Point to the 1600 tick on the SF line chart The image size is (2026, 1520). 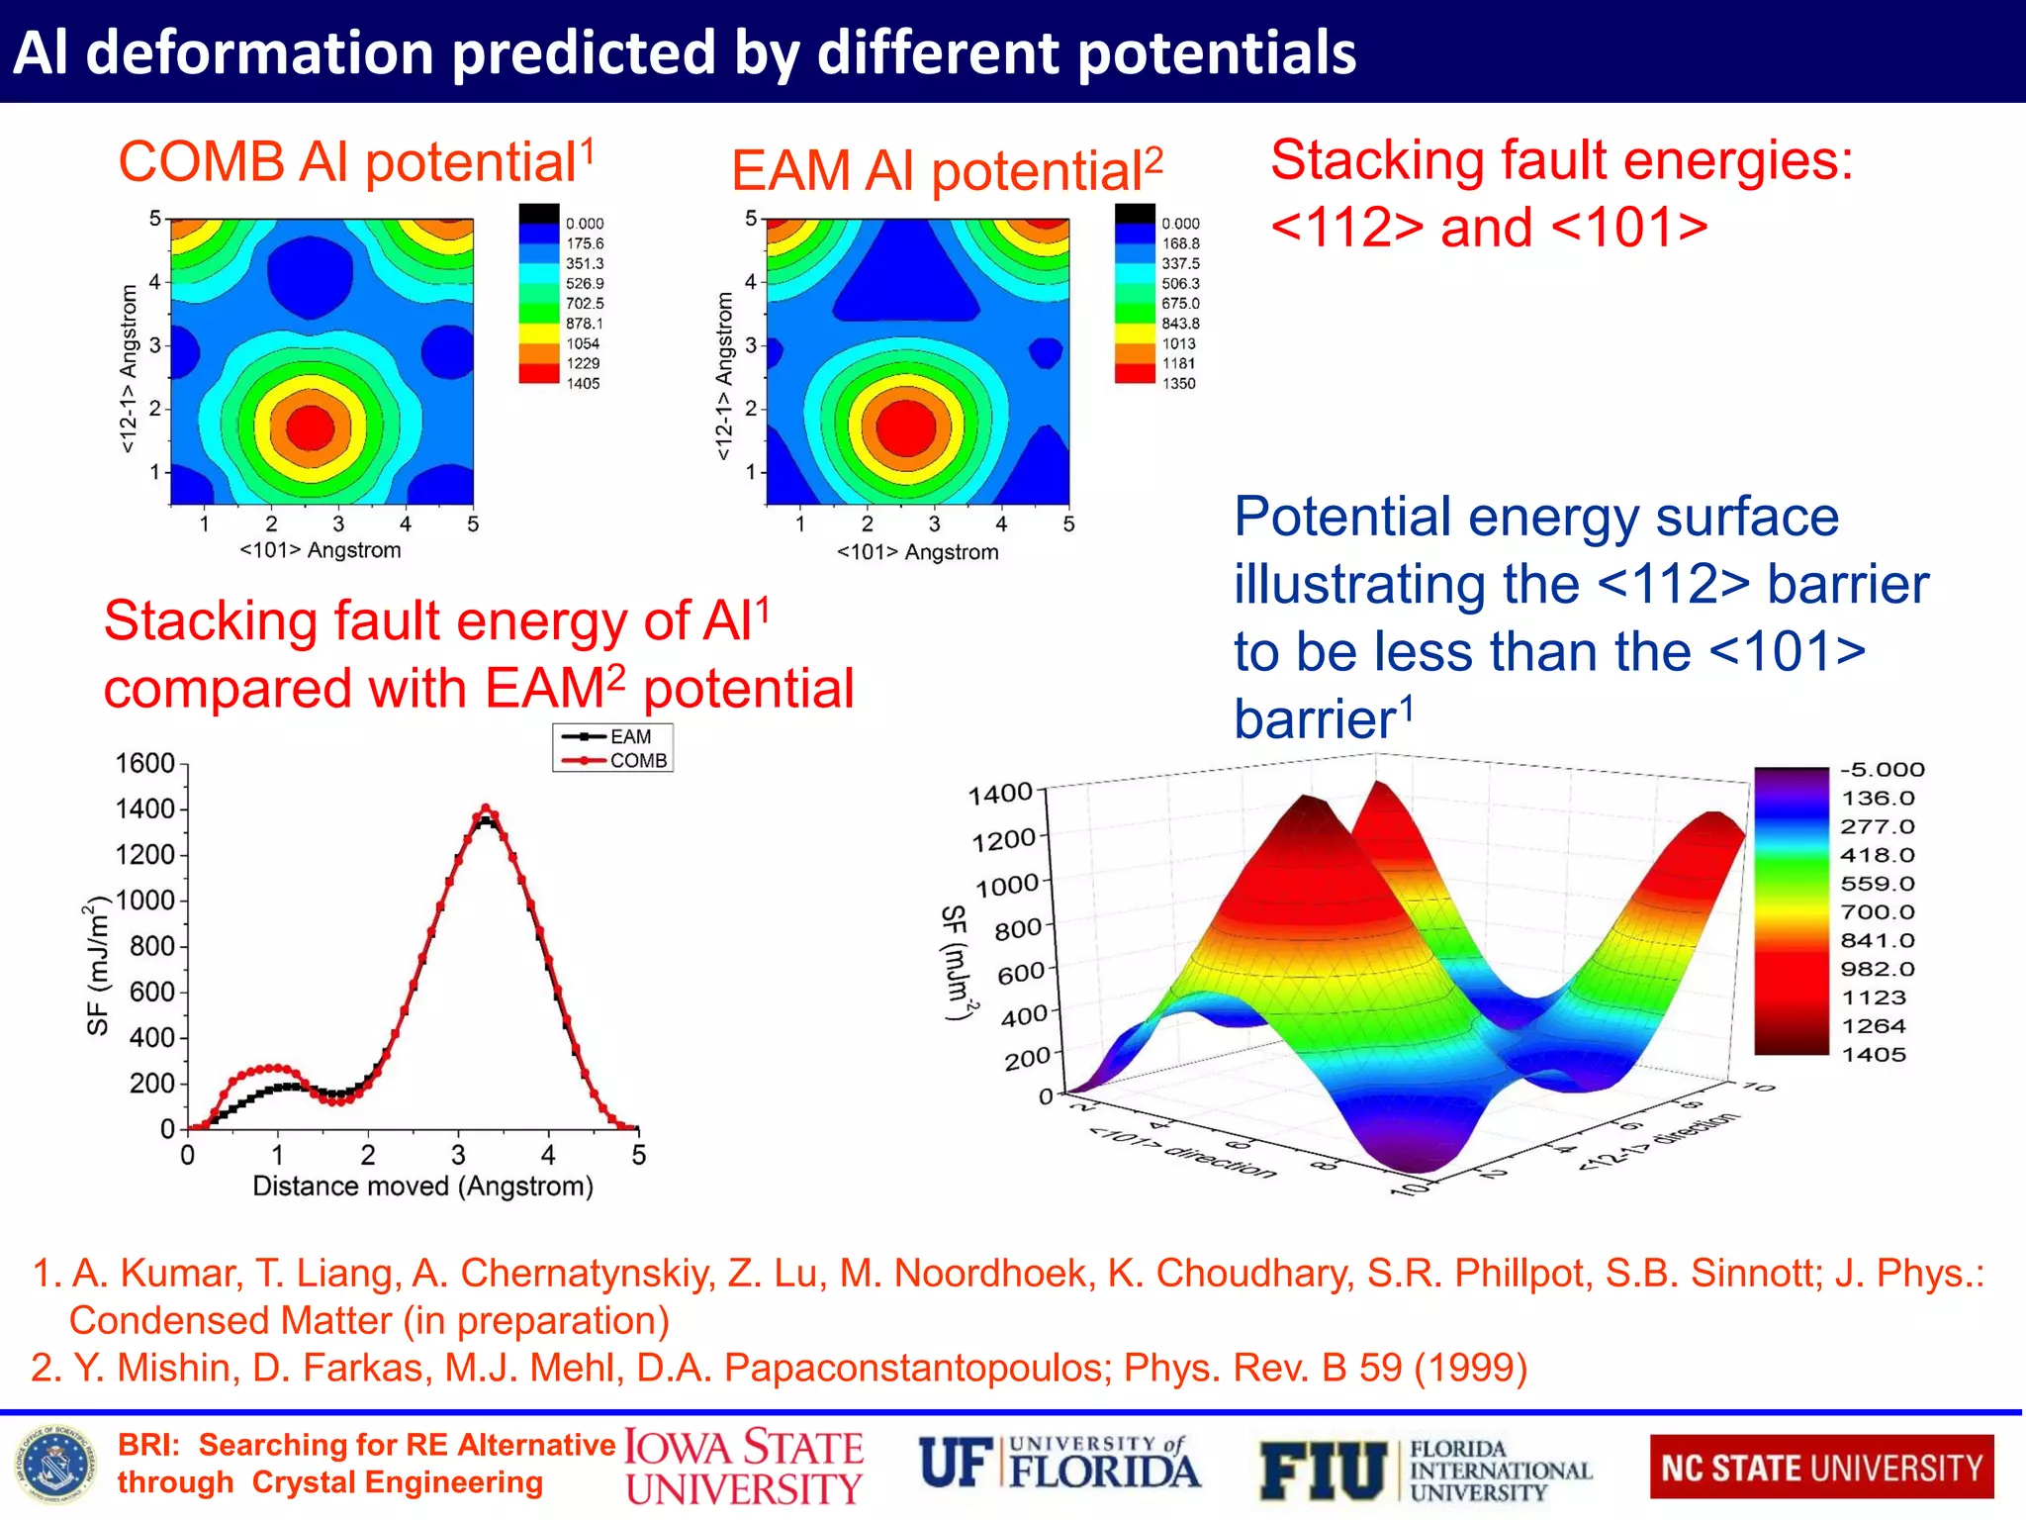[x=145, y=763]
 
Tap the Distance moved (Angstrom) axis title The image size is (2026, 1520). [x=422, y=1186]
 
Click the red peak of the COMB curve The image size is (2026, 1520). [x=485, y=809]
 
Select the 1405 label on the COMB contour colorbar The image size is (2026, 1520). [x=583, y=383]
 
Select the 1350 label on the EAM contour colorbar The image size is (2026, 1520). [x=1178, y=383]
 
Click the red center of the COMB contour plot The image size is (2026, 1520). [x=311, y=427]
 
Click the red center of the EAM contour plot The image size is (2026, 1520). [x=906, y=426]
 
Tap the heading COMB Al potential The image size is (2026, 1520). [x=356, y=161]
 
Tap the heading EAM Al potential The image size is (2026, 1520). [x=947, y=170]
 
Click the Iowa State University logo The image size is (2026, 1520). [x=744, y=1468]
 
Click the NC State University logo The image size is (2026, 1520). [x=1821, y=1467]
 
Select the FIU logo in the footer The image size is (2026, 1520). [x=1425, y=1469]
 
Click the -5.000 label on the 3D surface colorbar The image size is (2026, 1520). [x=1882, y=769]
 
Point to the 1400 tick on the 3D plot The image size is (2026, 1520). [x=999, y=794]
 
